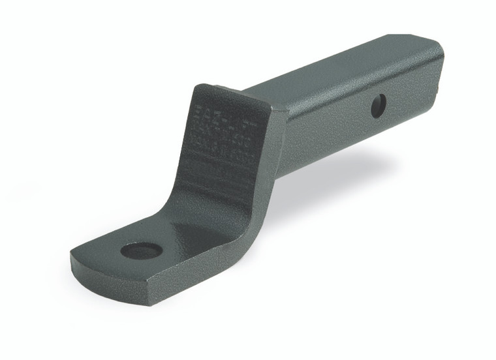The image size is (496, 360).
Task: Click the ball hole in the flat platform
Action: (x=142, y=250)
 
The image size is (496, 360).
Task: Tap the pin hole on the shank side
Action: (x=378, y=106)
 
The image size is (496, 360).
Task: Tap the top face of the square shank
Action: (x=339, y=72)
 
